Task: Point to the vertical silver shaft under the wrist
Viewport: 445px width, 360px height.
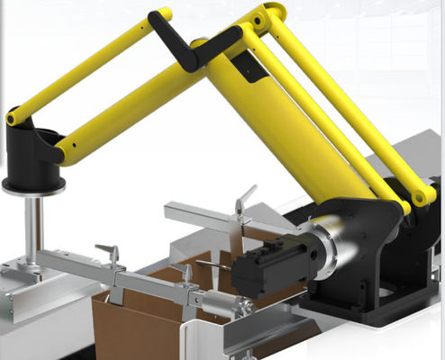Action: click(x=34, y=225)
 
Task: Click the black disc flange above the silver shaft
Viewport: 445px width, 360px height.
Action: click(x=34, y=185)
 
